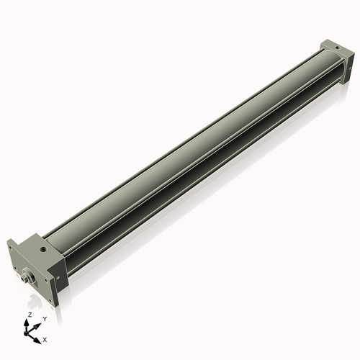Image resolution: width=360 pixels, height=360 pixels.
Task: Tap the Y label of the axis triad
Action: click(x=45, y=318)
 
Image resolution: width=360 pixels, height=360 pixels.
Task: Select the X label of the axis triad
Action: click(x=45, y=338)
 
